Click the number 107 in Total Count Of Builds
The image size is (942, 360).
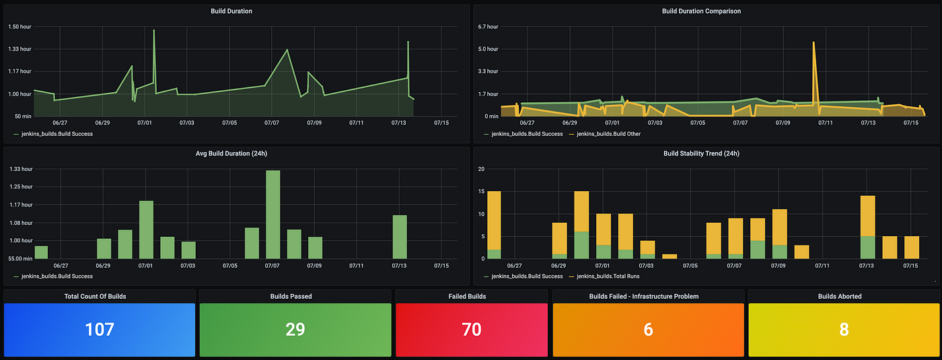point(100,329)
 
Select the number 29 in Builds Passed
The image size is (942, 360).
point(295,329)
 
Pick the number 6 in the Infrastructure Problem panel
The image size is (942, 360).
point(648,329)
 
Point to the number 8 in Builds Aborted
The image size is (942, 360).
point(844,329)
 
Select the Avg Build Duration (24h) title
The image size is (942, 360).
point(236,153)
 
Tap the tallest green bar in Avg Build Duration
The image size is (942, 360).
point(273,214)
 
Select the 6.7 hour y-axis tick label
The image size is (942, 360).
point(488,27)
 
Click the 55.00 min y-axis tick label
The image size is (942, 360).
point(20,258)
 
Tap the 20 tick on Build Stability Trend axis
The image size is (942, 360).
point(481,169)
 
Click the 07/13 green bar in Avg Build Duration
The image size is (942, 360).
point(400,237)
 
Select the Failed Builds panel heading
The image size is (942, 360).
point(472,296)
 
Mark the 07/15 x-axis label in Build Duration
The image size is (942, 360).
point(441,122)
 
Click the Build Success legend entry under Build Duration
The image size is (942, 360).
point(57,134)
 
